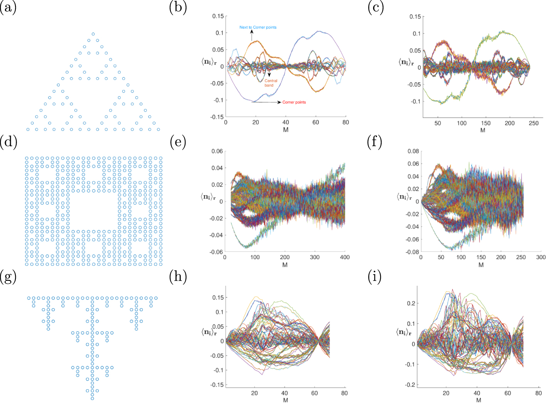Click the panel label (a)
click(8, 8)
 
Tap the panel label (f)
click(374, 142)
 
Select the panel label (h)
click(178, 277)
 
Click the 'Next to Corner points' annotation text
click(258, 27)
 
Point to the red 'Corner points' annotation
click(294, 102)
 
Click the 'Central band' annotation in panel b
click(271, 83)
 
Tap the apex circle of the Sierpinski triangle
click(93, 34)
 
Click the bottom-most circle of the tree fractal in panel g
click(92, 398)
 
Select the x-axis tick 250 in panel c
click(534, 123)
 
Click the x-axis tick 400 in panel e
click(345, 257)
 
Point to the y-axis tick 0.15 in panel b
click(218, 16)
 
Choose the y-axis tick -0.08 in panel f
click(413, 252)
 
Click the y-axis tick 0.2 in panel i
click(411, 304)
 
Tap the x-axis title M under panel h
click(285, 400)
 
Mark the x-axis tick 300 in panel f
click(541, 257)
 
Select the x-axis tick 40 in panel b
click(286, 122)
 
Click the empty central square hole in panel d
click(94, 211)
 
